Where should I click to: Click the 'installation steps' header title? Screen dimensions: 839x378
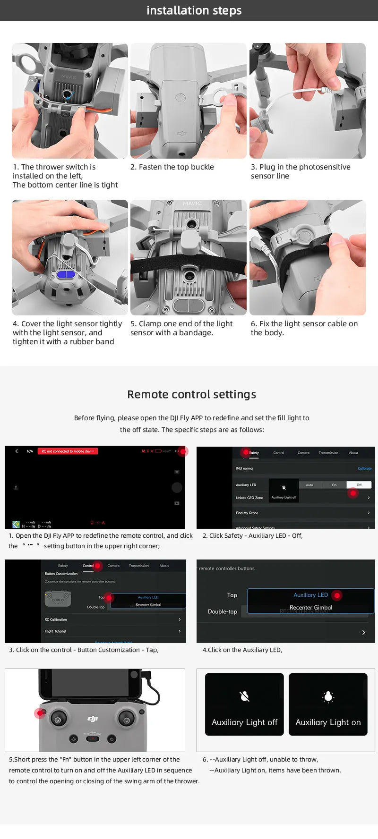194,10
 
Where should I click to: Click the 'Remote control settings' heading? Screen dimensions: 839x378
191,394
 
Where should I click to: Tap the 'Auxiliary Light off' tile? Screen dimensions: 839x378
244,704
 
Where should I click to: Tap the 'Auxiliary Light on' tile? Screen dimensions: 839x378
328,704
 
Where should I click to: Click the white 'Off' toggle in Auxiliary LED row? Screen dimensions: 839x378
359,485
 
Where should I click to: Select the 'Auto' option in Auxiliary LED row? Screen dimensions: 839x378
309,485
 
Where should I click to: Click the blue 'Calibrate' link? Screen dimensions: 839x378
364,468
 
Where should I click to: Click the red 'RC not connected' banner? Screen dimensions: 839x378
68,451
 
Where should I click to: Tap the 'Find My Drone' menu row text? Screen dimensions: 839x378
247,513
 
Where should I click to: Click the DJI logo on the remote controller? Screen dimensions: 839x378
93,719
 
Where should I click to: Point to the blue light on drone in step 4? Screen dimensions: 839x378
66,274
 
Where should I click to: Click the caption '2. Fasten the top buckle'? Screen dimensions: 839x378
172,167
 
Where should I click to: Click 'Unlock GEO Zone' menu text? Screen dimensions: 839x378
249,498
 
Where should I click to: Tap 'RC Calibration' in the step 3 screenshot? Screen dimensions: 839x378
56,619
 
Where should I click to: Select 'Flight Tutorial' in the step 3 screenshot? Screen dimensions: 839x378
55,631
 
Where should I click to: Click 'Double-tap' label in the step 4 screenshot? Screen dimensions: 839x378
223,611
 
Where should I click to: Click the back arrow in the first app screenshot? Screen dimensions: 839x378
17,451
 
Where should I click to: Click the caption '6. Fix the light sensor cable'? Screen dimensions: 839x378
304,328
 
